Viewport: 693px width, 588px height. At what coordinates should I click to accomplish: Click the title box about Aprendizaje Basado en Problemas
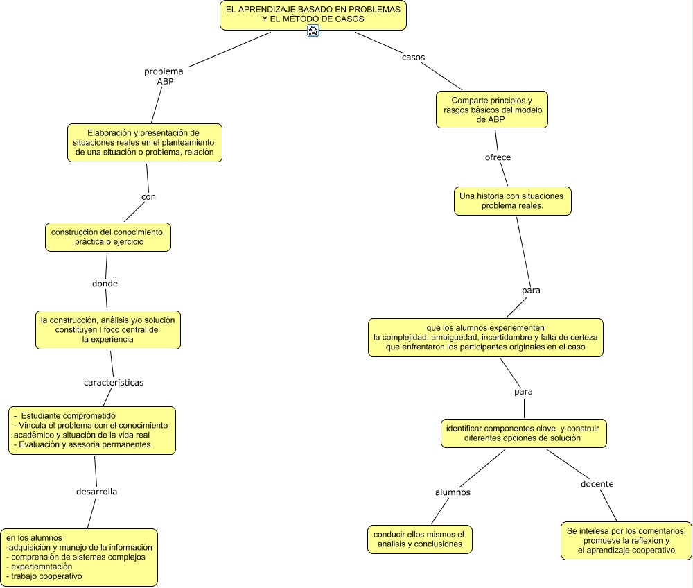point(313,15)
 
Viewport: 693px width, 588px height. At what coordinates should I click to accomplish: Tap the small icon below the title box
point(313,31)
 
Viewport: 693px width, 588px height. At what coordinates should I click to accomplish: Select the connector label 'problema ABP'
point(164,76)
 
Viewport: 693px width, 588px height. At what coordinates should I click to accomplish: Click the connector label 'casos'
point(413,57)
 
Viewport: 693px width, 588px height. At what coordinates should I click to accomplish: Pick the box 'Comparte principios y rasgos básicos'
point(491,110)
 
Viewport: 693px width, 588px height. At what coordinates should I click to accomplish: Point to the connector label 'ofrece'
point(498,157)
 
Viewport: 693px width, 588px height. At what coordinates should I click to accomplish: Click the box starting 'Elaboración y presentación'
point(144,142)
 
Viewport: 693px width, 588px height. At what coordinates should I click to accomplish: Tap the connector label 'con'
point(148,196)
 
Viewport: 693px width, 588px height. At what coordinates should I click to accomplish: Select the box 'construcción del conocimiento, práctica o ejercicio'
point(108,236)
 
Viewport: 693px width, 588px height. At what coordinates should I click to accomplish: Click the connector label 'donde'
point(105,283)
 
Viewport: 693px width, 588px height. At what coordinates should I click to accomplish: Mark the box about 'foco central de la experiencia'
point(107,329)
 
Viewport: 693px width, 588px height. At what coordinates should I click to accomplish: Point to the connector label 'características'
point(114,382)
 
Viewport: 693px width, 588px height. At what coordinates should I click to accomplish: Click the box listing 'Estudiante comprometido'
point(91,430)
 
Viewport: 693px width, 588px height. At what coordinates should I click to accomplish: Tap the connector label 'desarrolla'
point(96,491)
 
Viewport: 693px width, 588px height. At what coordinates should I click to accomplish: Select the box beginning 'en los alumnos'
point(79,557)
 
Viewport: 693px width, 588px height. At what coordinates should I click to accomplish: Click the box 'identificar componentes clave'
point(525,433)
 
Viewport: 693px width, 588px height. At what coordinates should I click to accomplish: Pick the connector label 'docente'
point(597,483)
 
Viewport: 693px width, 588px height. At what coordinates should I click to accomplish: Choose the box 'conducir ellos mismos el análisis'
point(419,539)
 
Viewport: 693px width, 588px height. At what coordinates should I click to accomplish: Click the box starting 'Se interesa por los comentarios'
point(626,540)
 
